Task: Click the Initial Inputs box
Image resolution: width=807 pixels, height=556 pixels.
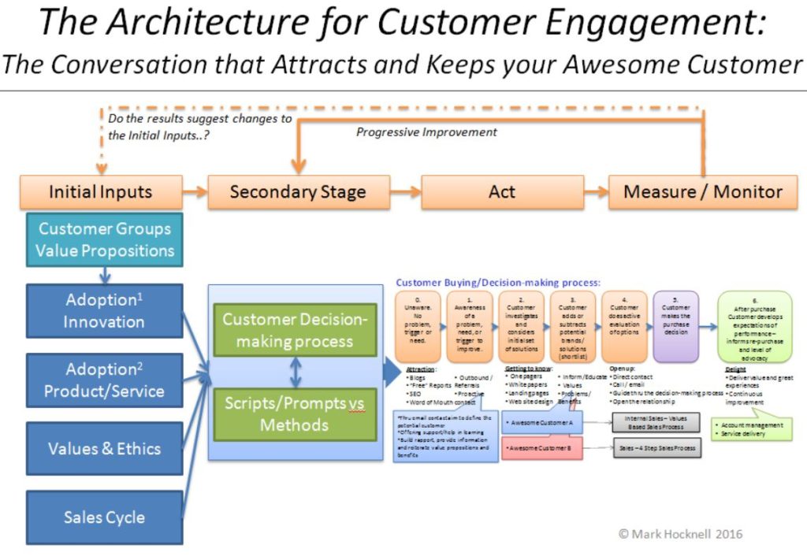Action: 100,191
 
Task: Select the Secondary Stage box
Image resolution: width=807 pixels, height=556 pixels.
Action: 298,191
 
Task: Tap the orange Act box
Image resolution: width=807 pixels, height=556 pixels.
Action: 502,191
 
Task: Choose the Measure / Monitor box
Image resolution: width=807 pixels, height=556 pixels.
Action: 703,191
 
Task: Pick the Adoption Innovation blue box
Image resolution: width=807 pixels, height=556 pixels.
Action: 104,311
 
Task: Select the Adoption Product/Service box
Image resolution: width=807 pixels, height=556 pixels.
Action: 104,380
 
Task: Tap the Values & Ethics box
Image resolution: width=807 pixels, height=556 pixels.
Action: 104,449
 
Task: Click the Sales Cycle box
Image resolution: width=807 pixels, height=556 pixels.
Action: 104,517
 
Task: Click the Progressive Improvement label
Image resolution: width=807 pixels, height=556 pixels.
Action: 426,132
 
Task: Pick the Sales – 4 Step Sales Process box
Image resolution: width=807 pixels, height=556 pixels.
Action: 656,448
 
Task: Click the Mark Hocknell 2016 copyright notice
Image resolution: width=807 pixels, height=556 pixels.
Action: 679,534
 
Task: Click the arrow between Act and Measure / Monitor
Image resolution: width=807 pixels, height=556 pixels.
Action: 596,191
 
